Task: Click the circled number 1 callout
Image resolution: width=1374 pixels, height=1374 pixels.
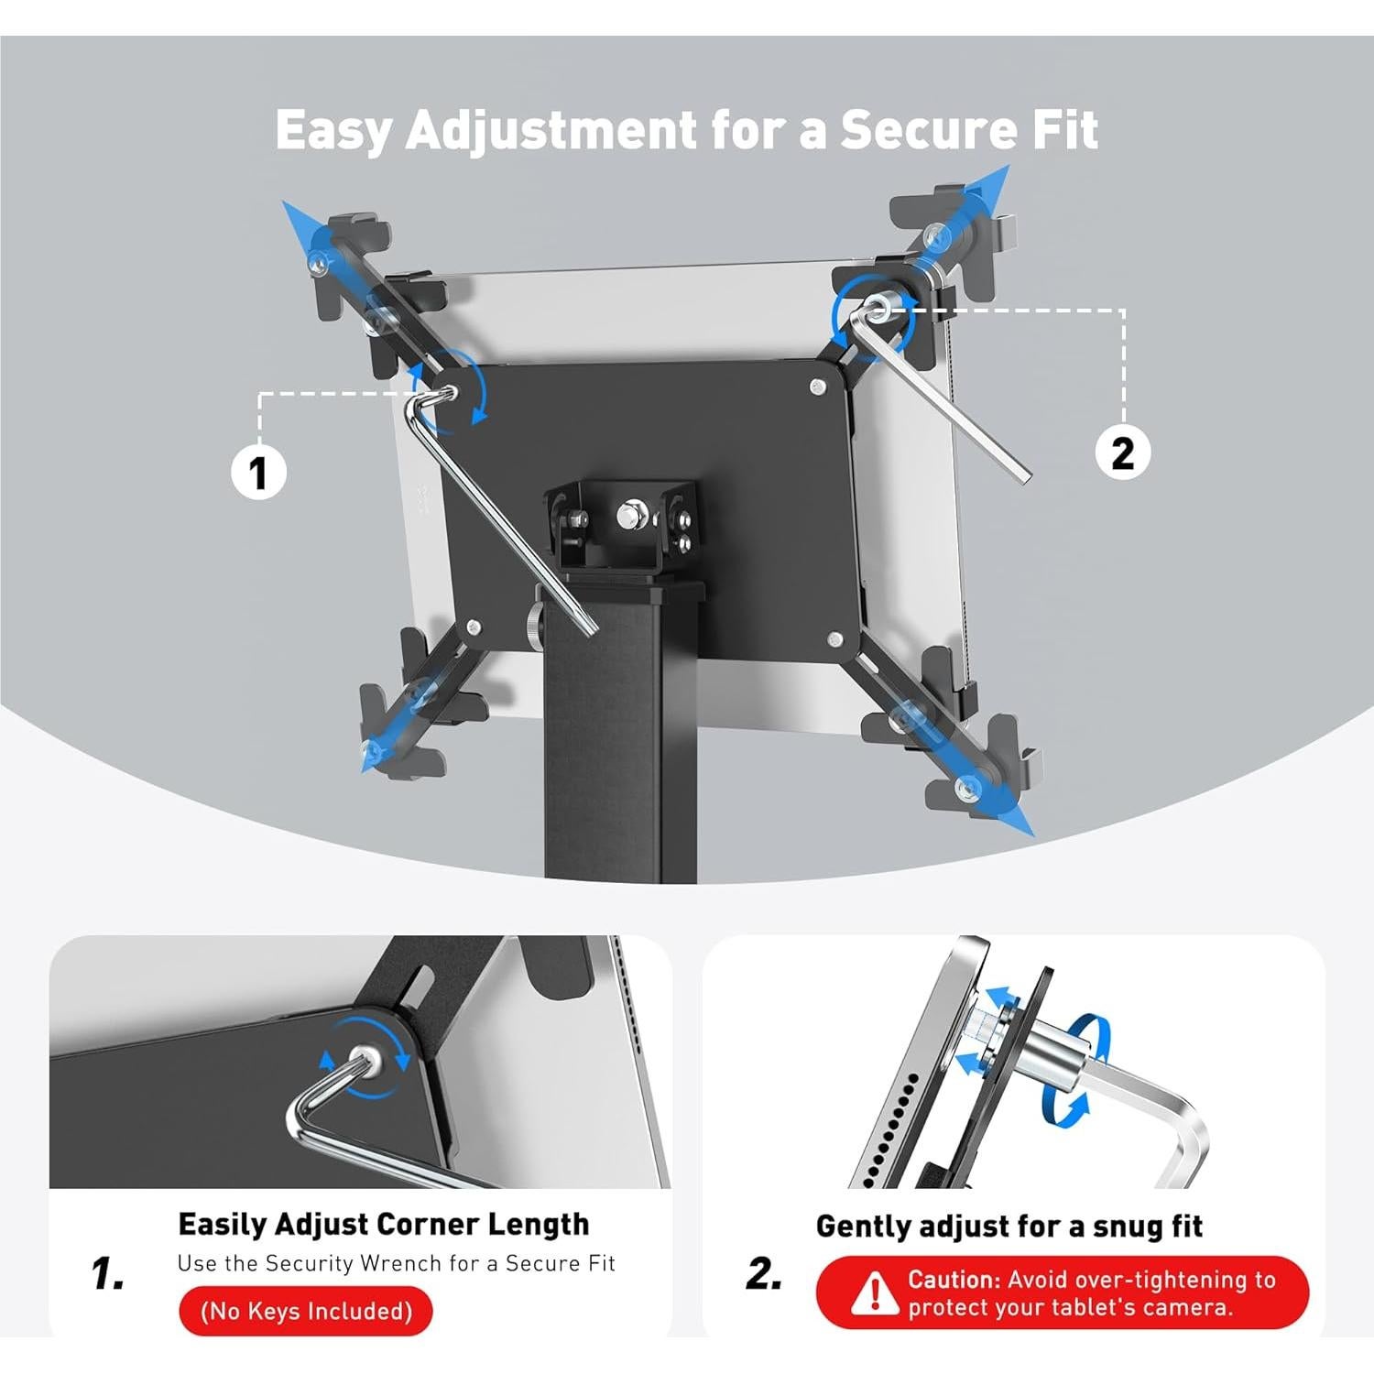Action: (x=258, y=473)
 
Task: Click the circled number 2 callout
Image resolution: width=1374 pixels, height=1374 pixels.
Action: (x=1123, y=453)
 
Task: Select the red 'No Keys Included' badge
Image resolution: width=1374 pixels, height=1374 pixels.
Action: (x=306, y=1311)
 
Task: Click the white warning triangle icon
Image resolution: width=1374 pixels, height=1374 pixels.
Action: (x=874, y=1293)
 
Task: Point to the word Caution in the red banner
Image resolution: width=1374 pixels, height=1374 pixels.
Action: (x=953, y=1280)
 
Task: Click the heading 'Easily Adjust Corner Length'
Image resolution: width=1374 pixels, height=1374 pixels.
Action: (x=383, y=1224)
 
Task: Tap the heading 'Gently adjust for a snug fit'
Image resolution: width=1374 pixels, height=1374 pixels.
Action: (x=1009, y=1226)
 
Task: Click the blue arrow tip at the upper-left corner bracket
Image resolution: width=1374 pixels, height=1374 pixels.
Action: (x=291, y=212)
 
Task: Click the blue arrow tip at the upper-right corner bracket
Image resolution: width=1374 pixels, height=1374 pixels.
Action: (x=998, y=176)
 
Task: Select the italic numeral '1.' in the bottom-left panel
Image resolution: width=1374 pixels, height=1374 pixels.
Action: (x=108, y=1273)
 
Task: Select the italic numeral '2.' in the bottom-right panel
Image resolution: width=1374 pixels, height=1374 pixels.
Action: (x=764, y=1273)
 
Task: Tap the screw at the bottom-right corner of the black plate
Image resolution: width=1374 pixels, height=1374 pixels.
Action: (x=834, y=638)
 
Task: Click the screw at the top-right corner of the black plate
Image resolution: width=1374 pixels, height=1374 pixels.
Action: (x=818, y=387)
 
